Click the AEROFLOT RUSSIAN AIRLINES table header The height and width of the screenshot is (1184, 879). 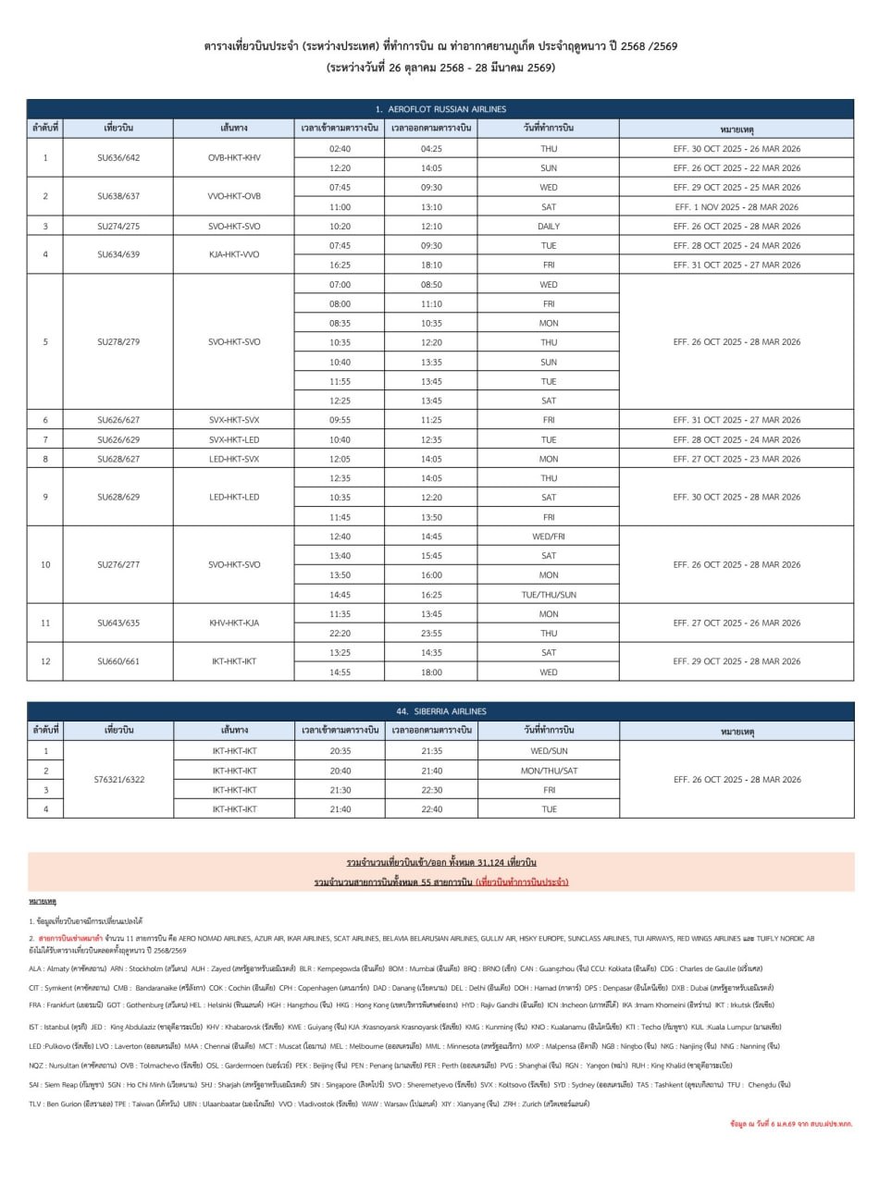click(440, 109)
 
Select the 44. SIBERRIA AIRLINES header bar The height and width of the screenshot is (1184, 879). click(440, 711)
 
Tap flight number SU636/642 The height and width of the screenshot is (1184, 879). click(118, 158)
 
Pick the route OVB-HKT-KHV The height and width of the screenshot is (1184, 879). click(234, 158)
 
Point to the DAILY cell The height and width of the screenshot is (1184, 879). click(548, 227)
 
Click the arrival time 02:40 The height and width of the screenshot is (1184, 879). click(340, 149)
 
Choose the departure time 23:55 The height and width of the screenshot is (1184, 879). click(431, 634)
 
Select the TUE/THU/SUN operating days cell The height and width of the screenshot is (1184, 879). click(548, 595)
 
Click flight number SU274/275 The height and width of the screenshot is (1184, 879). click(118, 227)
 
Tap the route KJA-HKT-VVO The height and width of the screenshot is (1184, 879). click(234, 255)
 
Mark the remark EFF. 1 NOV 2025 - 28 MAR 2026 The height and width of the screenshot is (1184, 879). click(737, 207)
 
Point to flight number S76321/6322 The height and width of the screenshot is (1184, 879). click(119, 780)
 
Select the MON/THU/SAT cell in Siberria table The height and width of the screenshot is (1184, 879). click(548, 771)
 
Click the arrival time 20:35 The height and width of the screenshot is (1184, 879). click(340, 751)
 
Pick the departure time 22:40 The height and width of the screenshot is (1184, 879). click(431, 809)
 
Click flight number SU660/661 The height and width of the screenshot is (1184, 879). click(118, 662)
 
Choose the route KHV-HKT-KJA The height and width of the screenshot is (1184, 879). click(234, 623)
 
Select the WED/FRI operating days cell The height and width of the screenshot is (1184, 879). click(548, 536)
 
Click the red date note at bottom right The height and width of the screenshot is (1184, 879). click(792, 1123)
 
